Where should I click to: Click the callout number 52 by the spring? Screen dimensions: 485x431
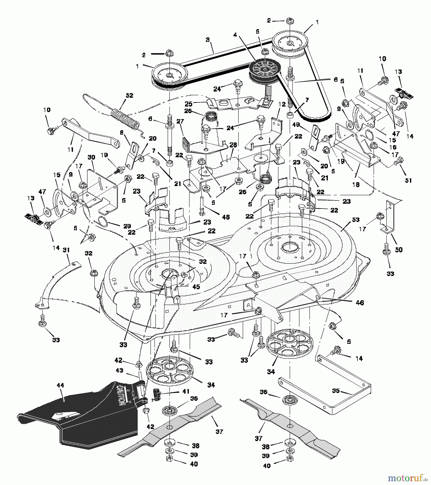pyautogui.click(x=129, y=96)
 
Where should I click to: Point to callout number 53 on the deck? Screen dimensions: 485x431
pyautogui.click(x=356, y=220)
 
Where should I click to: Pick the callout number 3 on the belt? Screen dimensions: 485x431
pyautogui.click(x=207, y=40)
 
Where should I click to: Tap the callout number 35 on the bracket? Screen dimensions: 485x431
pyautogui.click(x=336, y=390)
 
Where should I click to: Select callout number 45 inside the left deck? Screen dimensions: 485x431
pyautogui.click(x=196, y=287)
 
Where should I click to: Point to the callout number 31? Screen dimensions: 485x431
pyautogui.click(x=66, y=250)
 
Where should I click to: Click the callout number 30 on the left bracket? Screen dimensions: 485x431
pyautogui.click(x=91, y=158)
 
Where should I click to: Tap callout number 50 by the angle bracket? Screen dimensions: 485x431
pyautogui.click(x=398, y=250)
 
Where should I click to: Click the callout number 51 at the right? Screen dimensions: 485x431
pyautogui.click(x=408, y=180)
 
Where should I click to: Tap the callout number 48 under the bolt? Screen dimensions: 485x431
pyautogui.click(x=226, y=217)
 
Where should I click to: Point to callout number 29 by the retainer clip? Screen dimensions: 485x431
pyautogui.click(x=127, y=226)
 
